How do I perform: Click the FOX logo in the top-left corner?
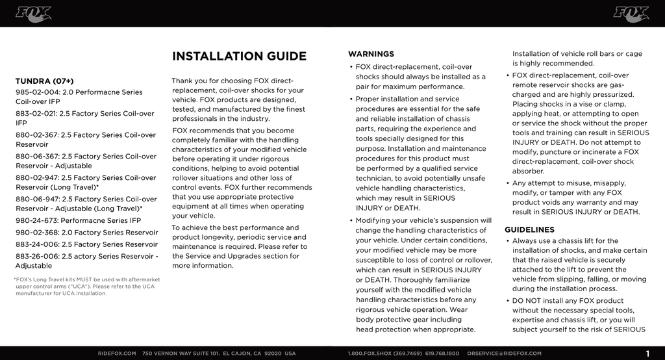point(33,14)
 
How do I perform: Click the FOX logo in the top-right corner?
point(631,14)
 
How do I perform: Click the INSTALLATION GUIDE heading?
point(239,57)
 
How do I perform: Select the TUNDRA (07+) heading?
point(44,81)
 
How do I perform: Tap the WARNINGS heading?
point(371,54)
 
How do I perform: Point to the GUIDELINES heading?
point(529,229)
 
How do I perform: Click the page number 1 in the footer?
point(648,354)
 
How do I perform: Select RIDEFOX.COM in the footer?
point(117,354)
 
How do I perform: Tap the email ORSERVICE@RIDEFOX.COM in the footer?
point(504,354)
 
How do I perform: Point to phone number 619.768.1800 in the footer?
point(442,354)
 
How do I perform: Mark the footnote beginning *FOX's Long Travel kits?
point(87,287)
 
